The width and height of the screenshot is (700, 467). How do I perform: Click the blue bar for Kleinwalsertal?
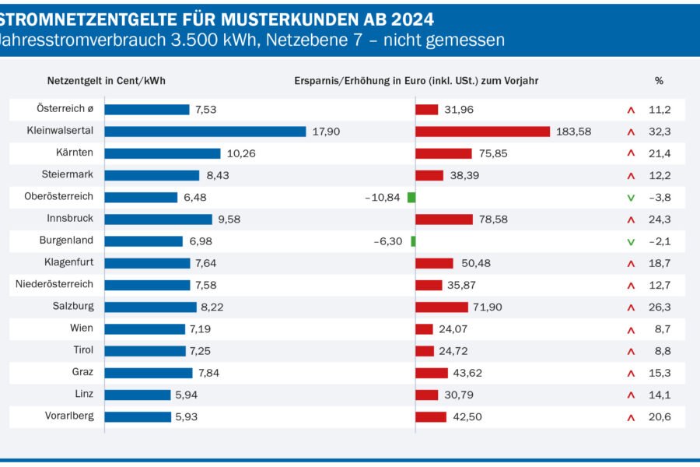point(205,132)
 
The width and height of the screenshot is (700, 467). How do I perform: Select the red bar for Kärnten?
point(443,153)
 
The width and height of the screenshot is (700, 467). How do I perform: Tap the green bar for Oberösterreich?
point(411,198)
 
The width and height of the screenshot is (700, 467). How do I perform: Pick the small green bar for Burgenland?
point(413,241)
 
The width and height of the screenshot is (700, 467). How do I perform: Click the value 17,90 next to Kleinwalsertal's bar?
point(326,132)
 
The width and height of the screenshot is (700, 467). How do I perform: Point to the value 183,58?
point(573,132)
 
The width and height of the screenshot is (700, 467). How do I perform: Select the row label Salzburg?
point(74,307)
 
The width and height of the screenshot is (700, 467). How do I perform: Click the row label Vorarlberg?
point(69,416)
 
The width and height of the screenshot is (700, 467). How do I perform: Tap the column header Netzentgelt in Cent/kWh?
point(107,80)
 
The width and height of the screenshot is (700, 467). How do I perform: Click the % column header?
point(659,80)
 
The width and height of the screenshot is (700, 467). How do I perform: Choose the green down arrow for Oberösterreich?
point(631,198)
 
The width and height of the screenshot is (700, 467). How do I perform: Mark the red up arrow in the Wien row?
point(631,329)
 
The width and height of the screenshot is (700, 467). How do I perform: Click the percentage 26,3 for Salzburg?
point(660,307)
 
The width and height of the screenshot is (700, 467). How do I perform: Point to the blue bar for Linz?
point(138,395)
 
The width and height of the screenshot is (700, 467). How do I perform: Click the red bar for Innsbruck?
point(444,219)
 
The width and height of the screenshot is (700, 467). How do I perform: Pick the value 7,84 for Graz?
point(208,373)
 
